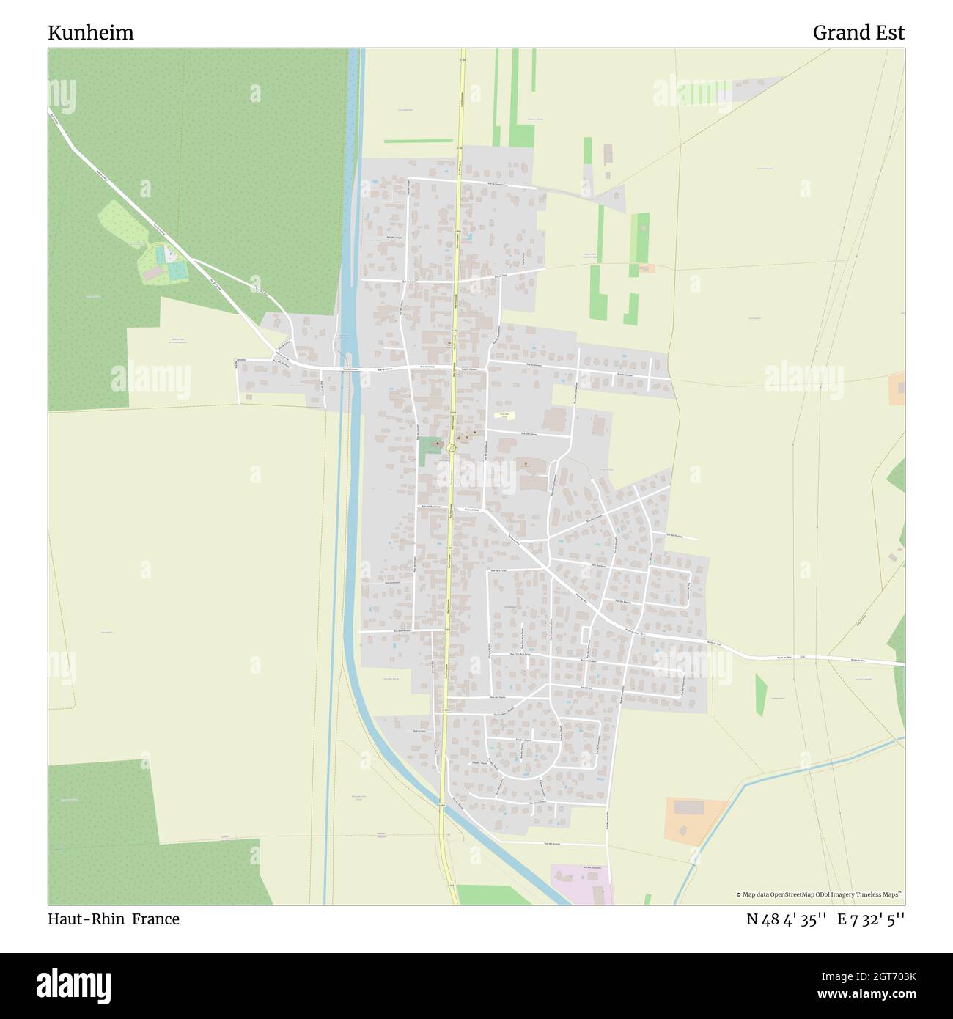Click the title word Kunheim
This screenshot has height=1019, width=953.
point(91,33)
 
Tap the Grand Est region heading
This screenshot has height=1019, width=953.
point(858,33)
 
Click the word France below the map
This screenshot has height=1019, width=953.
point(155,919)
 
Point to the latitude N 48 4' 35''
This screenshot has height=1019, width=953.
point(787,919)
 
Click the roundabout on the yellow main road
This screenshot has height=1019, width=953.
point(452,448)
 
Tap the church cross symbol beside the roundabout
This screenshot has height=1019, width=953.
point(438,443)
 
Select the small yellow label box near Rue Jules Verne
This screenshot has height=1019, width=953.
point(504,416)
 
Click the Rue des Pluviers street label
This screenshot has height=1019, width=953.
point(675,536)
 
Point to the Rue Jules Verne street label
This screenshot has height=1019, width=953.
point(529,435)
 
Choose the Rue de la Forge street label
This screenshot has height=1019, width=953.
point(499,570)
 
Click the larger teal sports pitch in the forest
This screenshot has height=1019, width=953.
point(177,271)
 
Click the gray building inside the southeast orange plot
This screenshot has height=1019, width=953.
point(688,807)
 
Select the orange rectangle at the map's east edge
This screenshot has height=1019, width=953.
point(897,389)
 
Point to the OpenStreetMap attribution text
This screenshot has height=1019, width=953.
point(820,894)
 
